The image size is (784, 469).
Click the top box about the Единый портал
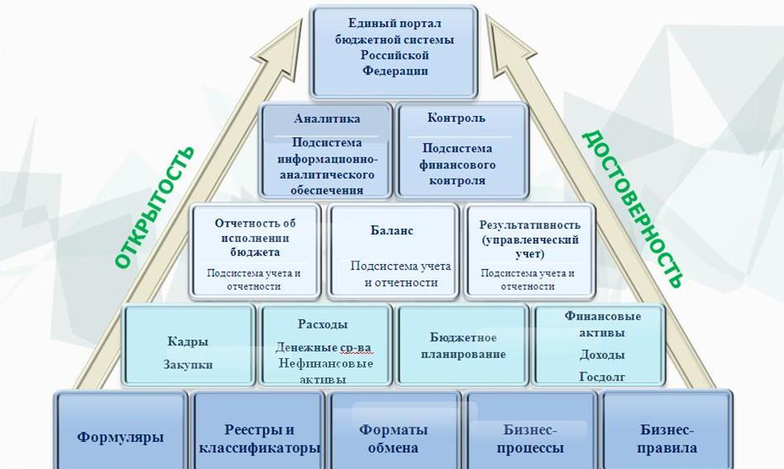coord(394,52)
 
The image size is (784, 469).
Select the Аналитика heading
coord(327,119)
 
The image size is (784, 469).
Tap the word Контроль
coord(457,118)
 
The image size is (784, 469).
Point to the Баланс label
coord(392,231)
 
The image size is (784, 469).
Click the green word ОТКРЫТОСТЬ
coord(154,207)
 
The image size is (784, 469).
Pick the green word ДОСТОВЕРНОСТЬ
coord(632,209)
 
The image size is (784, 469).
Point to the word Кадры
coord(187,342)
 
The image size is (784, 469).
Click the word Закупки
coord(188,365)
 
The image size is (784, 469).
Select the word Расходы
coord(323,324)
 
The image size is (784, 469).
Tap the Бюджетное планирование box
coord(463,345)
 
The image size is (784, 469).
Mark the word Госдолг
coord(602,377)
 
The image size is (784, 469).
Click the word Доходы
coord(602,355)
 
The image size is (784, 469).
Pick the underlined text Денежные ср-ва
coord(324,347)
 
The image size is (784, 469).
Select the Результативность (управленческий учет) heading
coord(530,240)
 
